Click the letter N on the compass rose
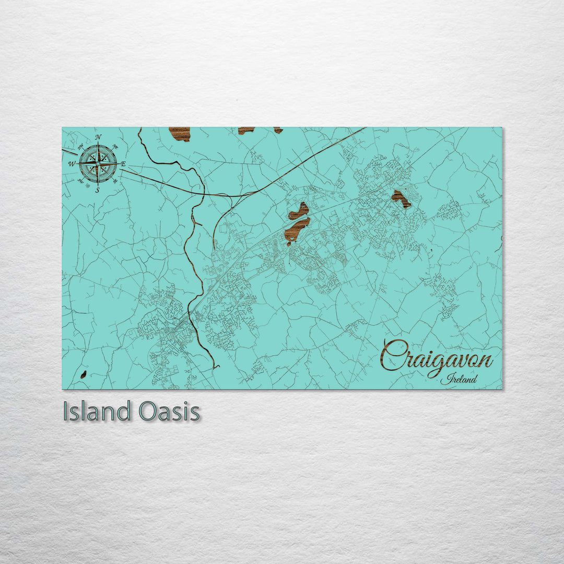click(x=99, y=137)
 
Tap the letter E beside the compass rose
click(x=123, y=164)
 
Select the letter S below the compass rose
click(x=98, y=190)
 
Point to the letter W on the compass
click(x=72, y=164)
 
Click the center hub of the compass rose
click(x=98, y=163)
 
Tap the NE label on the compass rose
click(x=115, y=146)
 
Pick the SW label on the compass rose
click(x=80, y=181)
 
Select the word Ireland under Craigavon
click(x=459, y=380)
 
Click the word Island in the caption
click(x=96, y=412)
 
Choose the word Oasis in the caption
click(x=169, y=412)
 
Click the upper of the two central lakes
click(x=299, y=211)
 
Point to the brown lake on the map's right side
click(x=401, y=198)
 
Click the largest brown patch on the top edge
click(x=180, y=134)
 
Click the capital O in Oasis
click(x=148, y=412)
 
